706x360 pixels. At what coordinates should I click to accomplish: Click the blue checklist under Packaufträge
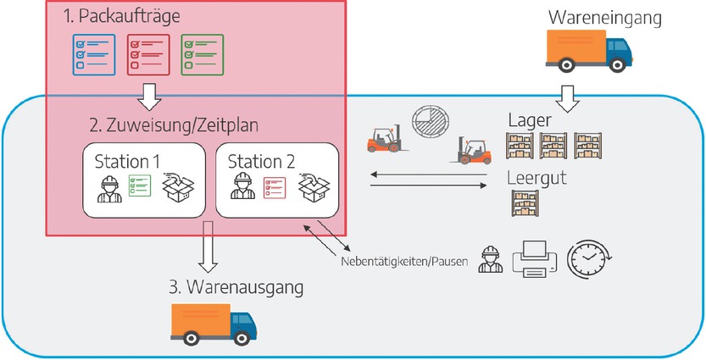point(92,55)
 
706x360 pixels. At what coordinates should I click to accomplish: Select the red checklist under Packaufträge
point(148,55)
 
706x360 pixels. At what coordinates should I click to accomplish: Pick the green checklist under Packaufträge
point(202,55)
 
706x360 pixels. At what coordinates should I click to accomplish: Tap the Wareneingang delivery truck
point(586,49)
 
